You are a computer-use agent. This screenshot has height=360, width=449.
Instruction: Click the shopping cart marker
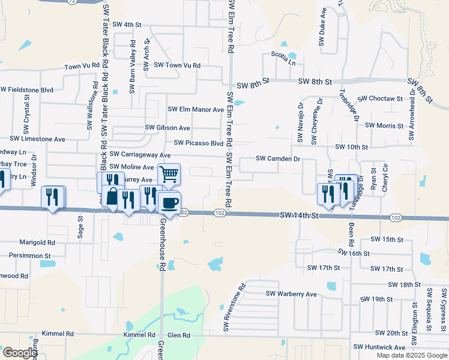pos(169,175)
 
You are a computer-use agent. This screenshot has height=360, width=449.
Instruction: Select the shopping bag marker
pos(112,196)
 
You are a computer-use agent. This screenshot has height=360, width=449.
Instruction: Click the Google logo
pos(19,353)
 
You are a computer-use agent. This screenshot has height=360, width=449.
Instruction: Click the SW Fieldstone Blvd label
pos(27,89)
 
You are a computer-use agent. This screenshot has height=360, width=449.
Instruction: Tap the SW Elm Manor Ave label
pos(196,110)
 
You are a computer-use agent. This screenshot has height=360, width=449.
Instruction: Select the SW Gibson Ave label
pos(167,128)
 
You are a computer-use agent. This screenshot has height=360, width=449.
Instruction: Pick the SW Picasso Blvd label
pos(199,143)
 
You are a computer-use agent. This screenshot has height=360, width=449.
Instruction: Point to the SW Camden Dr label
pos(277,158)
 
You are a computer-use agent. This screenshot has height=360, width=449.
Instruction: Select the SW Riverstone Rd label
pos(234,307)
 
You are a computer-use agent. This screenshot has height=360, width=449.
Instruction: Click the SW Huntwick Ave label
pos(379,347)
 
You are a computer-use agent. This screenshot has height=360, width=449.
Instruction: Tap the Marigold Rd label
pos(37,243)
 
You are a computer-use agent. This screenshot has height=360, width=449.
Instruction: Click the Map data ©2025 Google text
pos(411,355)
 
